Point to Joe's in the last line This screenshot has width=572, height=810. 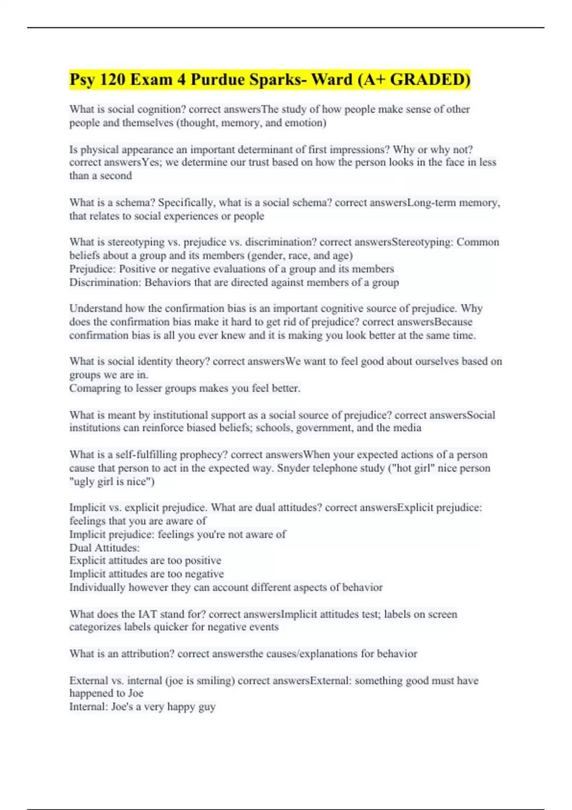[122, 707]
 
